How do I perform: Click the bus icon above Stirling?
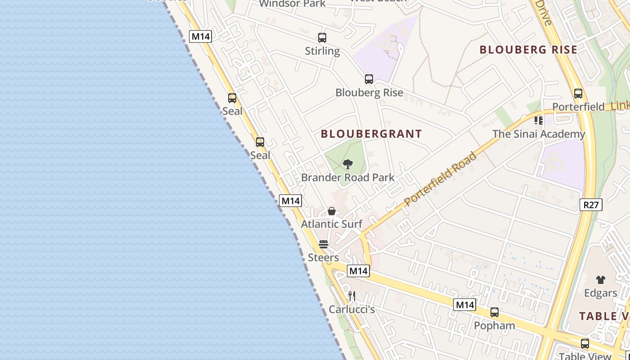[322, 38]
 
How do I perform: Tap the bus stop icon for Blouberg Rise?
[369, 79]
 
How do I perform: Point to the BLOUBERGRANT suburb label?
[371, 134]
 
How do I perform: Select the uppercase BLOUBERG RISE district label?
[528, 50]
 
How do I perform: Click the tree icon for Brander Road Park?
[347, 164]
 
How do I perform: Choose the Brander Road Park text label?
[347, 177]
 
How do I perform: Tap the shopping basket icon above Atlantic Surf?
[332, 211]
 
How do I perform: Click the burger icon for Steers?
[324, 244]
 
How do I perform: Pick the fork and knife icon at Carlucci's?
[352, 296]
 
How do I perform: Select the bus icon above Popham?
[495, 312]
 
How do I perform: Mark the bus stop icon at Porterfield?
[578, 94]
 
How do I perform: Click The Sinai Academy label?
[539, 134]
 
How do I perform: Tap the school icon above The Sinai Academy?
[539, 121]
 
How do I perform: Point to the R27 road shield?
[590, 205]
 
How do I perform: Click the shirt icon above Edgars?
[601, 279]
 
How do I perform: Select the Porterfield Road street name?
[440, 180]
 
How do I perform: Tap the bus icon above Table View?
[585, 344]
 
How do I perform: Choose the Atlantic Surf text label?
[332, 224]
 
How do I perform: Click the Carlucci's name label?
[352, 309]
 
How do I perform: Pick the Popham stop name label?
[495, 325]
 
